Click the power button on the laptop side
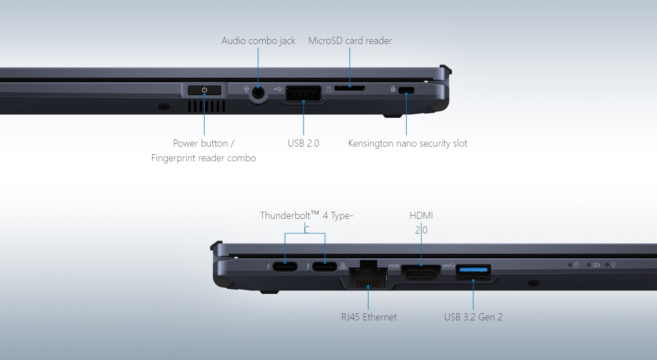click(205, 90)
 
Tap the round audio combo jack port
click(258, 93)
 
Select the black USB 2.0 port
click(304, 93)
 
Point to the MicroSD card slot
click(350, 88)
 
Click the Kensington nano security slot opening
click(406, 90)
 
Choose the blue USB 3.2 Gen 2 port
click(473, 273)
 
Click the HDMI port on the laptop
click(421, 271)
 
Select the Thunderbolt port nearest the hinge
click(285, 267)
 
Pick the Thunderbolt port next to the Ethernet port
click(325, 267)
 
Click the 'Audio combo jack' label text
click(258, 41)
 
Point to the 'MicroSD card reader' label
click(350, 41)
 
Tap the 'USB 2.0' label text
click(304, 143)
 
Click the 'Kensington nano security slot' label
click(408, 143)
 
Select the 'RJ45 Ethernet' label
click(369, 317)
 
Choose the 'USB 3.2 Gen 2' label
click(473, 317)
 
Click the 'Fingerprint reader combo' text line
click(204, 158)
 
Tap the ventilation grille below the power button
click(206, 106)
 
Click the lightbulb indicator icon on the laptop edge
click(614, 265)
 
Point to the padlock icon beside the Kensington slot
click(393, 89)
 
